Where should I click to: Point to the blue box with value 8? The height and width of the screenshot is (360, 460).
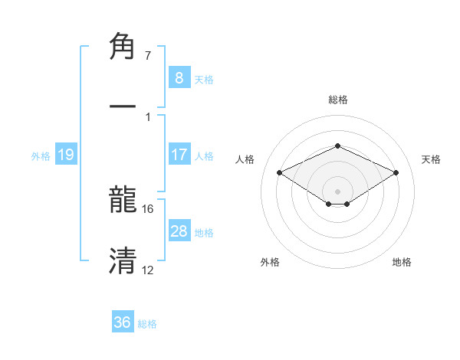179,77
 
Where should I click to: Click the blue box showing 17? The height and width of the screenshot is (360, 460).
179,155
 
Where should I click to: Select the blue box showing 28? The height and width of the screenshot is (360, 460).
179,231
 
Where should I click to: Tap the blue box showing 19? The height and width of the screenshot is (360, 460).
65,155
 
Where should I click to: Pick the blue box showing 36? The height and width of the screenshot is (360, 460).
123,322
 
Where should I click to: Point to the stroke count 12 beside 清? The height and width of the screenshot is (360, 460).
148,270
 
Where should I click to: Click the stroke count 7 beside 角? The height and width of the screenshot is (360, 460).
148,55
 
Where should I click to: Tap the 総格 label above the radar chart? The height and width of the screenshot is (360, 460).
337,100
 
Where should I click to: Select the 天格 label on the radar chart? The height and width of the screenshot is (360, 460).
432,159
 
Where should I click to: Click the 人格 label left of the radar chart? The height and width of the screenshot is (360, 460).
245,159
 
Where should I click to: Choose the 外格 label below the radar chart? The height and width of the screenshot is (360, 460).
270,262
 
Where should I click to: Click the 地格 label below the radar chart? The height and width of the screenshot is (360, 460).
402,262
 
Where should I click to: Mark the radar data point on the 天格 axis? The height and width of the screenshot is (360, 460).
396,172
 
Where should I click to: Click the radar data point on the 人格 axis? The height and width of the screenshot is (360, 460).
279,172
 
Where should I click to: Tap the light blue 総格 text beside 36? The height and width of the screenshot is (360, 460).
147,324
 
